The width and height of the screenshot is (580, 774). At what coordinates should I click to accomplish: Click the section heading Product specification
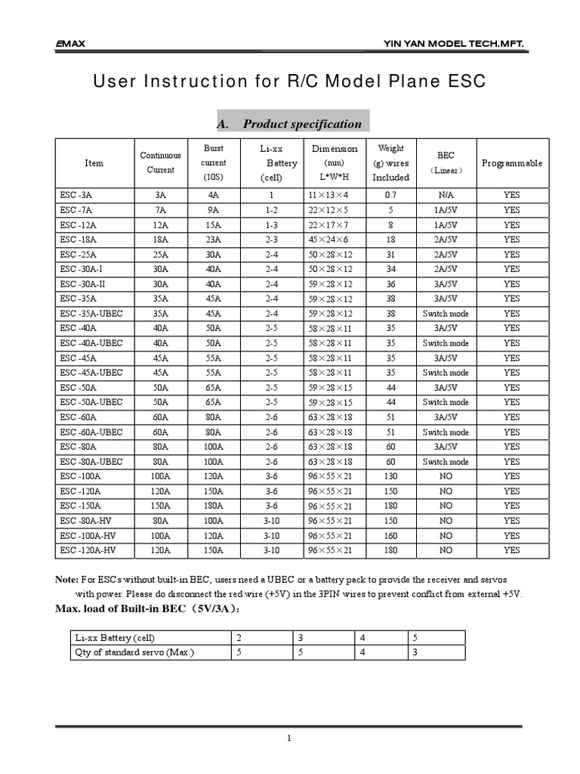301,124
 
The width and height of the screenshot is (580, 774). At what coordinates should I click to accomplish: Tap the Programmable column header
511,163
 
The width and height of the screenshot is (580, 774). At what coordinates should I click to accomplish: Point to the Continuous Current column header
160,163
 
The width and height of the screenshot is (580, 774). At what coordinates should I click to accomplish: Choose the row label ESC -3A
79,195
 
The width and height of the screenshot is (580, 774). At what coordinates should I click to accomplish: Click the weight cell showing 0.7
390,195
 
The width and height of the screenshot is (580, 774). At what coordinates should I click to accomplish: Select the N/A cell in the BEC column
446,195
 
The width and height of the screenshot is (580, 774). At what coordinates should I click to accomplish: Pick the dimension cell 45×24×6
329,240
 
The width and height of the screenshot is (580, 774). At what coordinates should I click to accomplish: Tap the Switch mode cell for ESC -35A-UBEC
446,314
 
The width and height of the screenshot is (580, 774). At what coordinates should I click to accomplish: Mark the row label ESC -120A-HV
88,551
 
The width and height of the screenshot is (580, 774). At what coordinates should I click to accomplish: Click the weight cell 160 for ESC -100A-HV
390,536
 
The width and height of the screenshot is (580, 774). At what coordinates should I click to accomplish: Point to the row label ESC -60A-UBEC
91,432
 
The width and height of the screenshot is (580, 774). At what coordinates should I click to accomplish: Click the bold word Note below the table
66,580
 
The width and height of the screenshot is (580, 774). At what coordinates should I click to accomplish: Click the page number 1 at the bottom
288,740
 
